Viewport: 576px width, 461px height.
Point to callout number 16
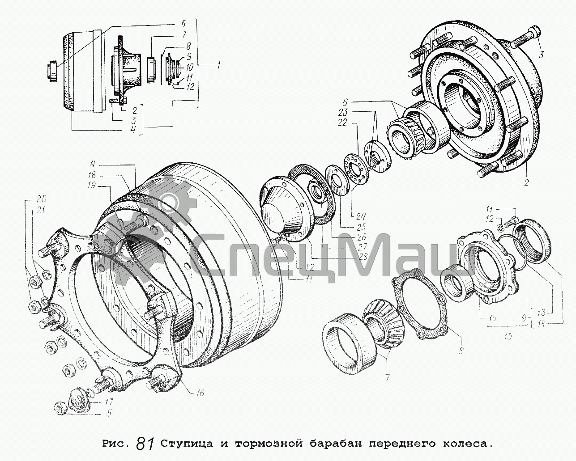coord(200,393)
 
